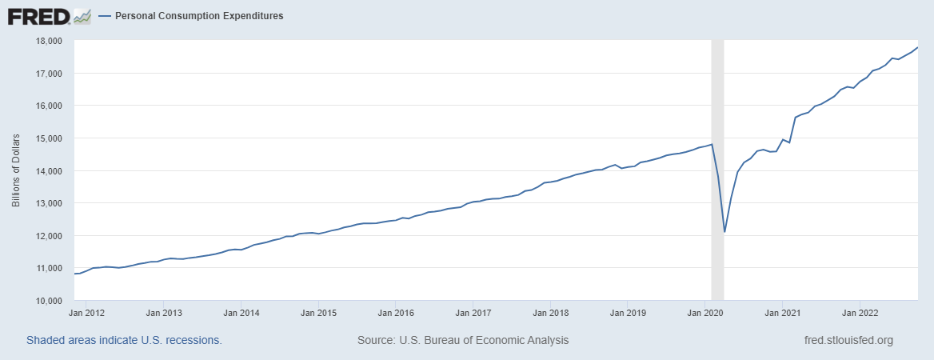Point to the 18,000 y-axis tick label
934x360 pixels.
coord(50,41)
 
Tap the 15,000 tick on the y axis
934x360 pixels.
coord(50,138)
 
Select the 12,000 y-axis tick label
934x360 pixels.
coord(50,236)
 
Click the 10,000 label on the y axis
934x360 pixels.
coord(50,301)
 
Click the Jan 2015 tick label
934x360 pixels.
coord(318,313)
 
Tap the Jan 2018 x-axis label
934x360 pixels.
coord(551,313)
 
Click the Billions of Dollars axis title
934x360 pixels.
coord(16,170)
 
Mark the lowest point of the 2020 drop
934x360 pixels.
coord(724,232)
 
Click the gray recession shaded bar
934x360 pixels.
coord(718,96)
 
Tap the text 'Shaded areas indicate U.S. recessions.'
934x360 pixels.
coord(124,340)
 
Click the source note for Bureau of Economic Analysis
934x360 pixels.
coord(463,340)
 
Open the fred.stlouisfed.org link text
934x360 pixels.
coord(848,340)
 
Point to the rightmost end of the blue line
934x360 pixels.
coord(917,48)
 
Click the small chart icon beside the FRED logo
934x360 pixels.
coord(82,15)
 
